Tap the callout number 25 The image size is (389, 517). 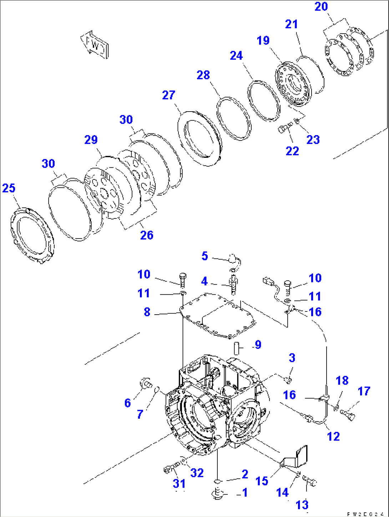click(x=9, y=188)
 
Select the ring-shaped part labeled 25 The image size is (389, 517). click(x=32, y=235)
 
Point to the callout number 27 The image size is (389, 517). click(x=169, y=95)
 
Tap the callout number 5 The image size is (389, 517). click(x=204, y=256)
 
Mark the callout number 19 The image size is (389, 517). click(x=263, y=40)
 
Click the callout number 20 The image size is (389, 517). click(x=321, y=6)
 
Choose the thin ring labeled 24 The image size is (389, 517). click(x=264, y=101)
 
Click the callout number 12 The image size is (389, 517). click(x=333, y=436)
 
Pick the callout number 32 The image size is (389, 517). click(x=197, y=473)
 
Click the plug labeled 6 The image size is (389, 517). click(x=145, y=383)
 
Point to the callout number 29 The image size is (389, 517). click(x=91, y=140)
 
